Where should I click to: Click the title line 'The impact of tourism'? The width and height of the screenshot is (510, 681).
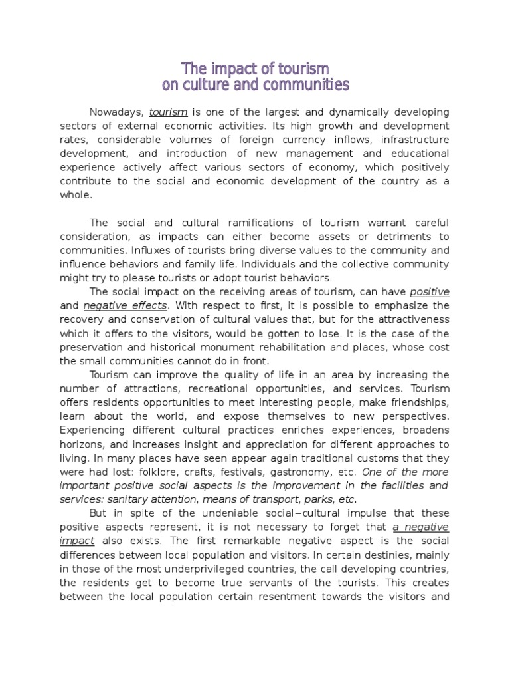pos(256,68)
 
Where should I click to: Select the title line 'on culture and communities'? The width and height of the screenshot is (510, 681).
pos(256,85)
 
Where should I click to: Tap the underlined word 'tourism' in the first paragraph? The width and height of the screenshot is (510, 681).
pos(168,112)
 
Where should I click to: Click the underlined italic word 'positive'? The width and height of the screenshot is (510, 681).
pos(430,292)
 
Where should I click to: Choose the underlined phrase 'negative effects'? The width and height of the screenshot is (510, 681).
pos(126,306)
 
